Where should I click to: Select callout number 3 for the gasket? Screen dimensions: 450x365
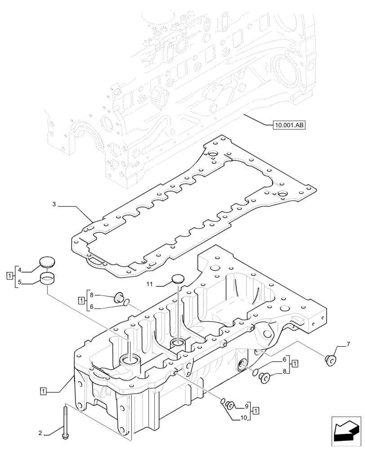(x=54, y=205)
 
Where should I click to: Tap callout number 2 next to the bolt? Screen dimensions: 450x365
(x=40, y=433)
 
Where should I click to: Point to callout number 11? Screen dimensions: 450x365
(x=150, y=284)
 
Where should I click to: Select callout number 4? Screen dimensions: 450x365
(x=20, y=270)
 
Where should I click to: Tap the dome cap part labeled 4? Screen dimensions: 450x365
(x=46, y=262)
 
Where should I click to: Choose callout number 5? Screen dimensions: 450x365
(x=20, y=283)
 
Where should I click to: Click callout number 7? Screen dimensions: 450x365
(x=347, y=345)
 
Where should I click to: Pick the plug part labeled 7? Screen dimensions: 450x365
(x=330, y=358)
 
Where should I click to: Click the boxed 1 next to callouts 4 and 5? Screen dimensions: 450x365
(x=9, y=275)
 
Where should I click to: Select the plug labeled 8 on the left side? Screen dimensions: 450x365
(x=120, y=297)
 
